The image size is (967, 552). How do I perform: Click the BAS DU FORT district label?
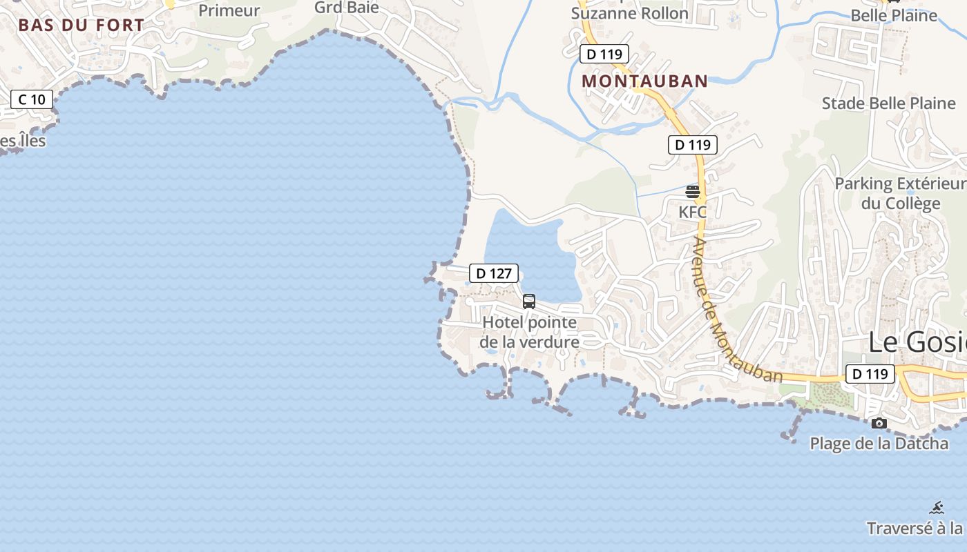pos(82,26)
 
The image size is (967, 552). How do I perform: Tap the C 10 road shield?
pos(32,99)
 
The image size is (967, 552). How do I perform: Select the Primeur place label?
pos(229,10)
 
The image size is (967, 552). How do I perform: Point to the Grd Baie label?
pos(347,8)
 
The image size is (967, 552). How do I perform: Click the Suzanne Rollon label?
pos(630,13)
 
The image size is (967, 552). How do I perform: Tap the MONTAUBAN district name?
pos(645,81)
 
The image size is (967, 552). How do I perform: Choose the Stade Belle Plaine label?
pos(889,103)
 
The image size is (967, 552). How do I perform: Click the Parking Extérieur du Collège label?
pos(901,194)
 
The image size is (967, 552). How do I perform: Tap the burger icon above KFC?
pos(693,192)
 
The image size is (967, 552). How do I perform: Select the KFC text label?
pos(693,212)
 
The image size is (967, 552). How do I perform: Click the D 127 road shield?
pos(494,273)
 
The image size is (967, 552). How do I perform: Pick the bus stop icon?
pos(529,302)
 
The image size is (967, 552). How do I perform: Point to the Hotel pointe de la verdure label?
pos(530,332)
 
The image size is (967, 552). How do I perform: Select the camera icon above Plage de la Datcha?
pos(879,423)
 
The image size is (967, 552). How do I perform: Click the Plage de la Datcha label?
pos(879,444)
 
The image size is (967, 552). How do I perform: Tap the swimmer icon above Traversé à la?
pos(937,509)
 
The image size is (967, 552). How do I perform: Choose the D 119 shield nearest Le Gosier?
pos(870,374)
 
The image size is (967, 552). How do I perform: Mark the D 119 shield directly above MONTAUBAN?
pos(604,54)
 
